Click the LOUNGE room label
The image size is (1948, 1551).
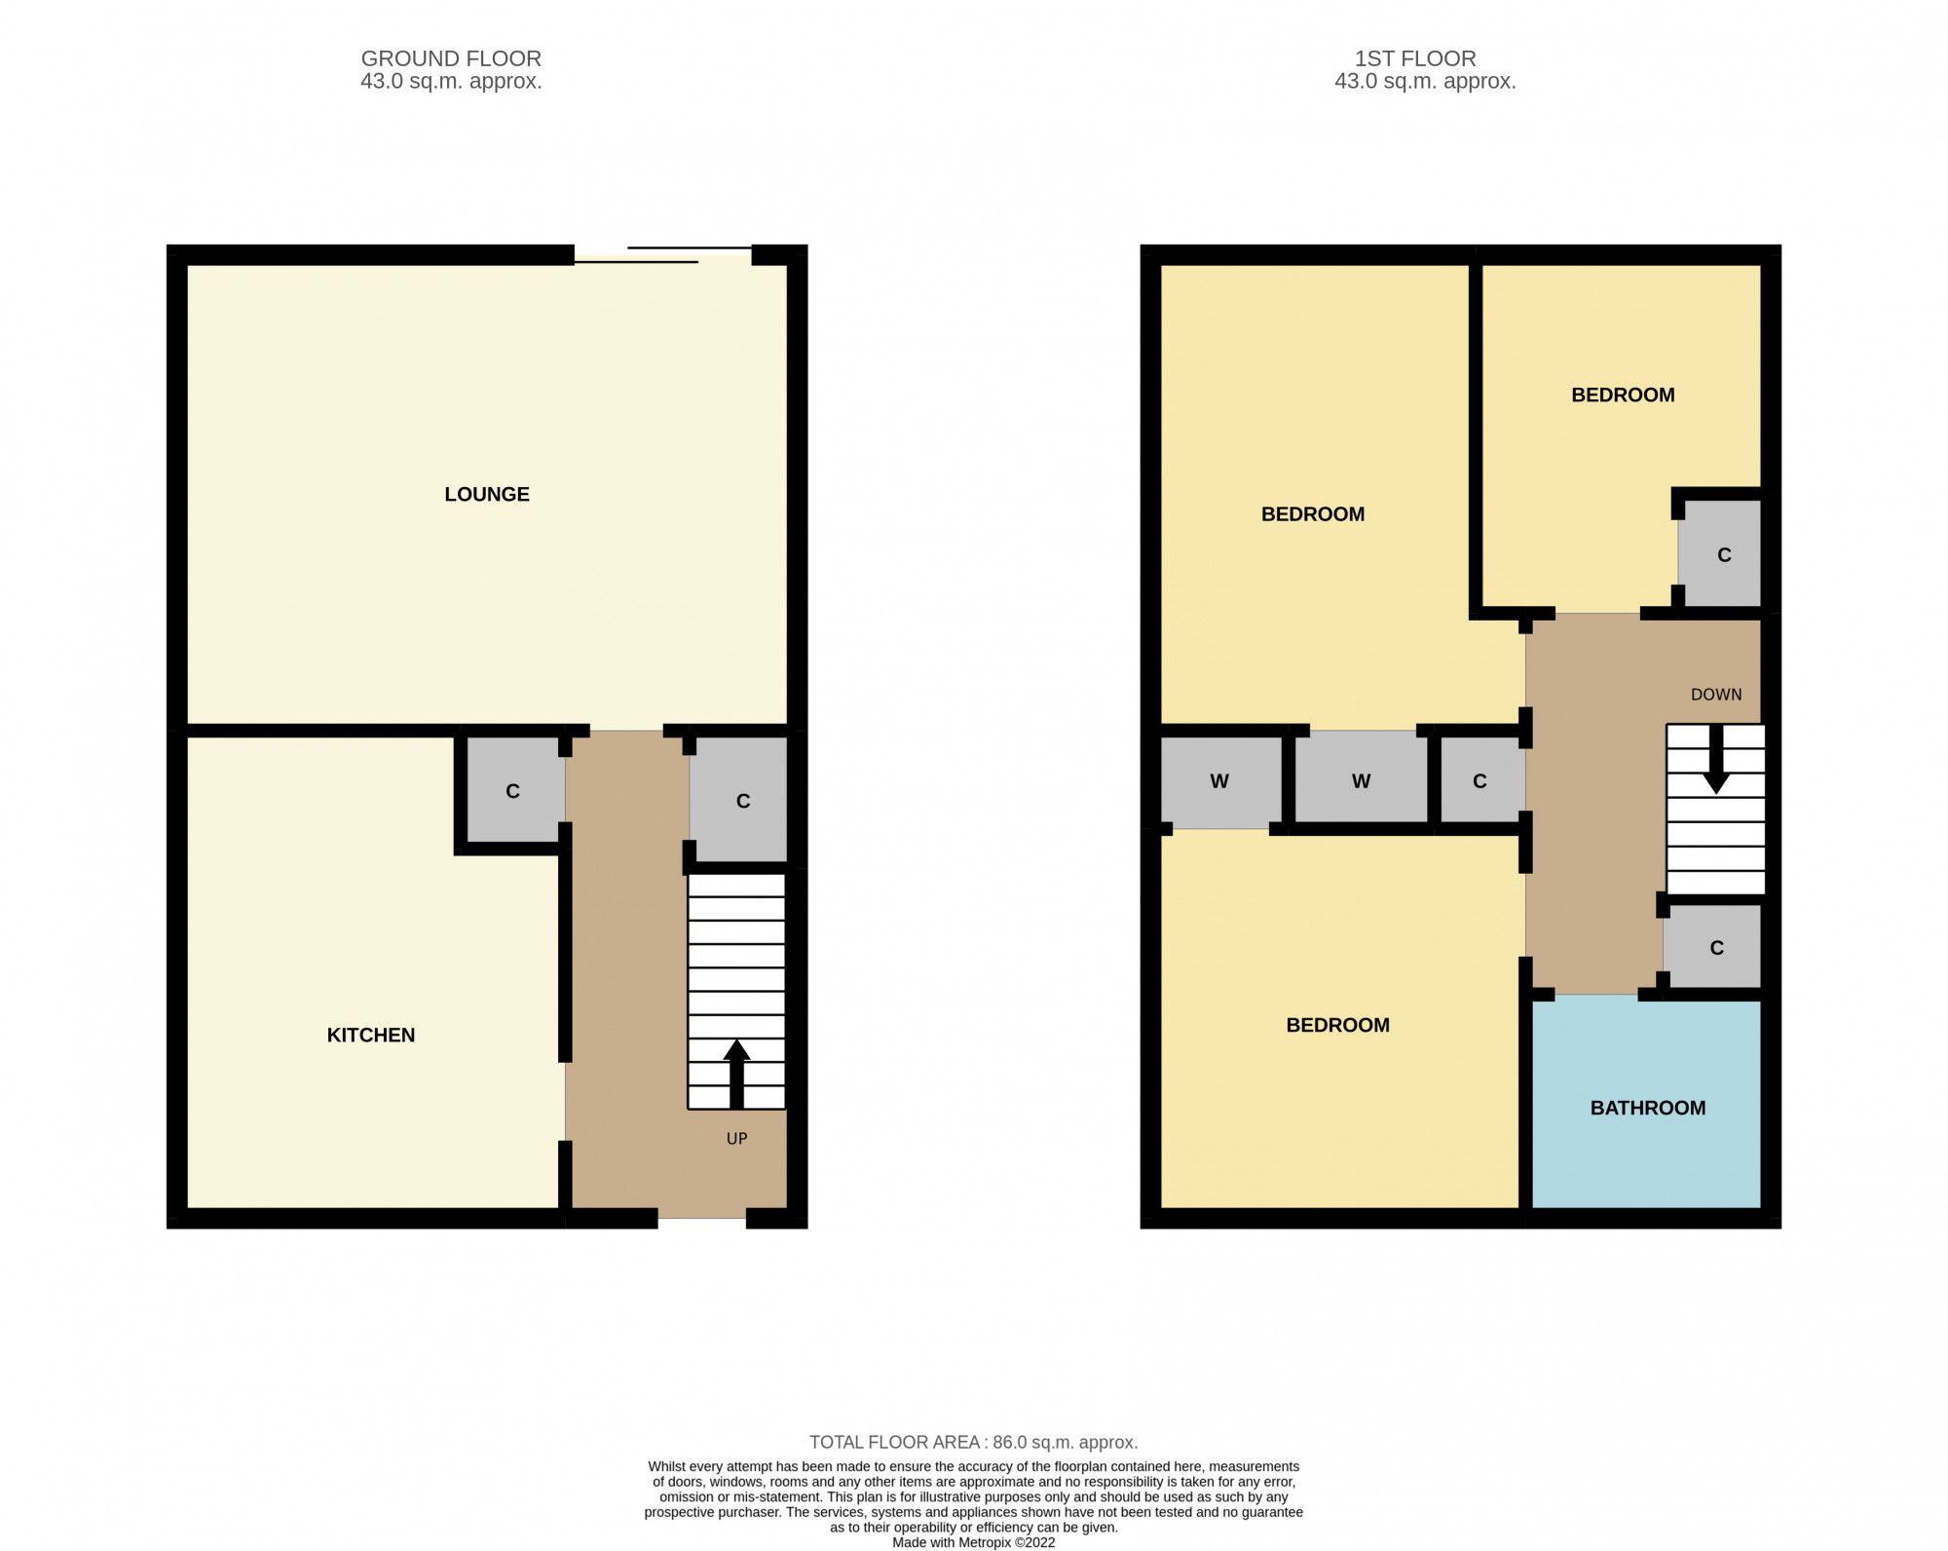pos(486,494)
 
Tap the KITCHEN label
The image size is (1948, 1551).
pos(370,1035)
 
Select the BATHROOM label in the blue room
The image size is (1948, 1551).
pos(1647,1108)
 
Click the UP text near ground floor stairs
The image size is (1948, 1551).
pos(736,1138)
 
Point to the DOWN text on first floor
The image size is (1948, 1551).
pos(1715,695)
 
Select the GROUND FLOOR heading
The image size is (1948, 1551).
pos(451,58)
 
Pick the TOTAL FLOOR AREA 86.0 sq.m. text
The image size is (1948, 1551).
pos(973,1442)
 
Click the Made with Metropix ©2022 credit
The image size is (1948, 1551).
pos(973,1542)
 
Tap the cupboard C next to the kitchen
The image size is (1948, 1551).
pos(513,791)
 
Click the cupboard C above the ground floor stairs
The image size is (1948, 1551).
pos(742,801)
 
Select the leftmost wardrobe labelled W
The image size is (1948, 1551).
pos(1218,780)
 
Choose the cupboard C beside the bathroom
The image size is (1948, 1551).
pos(1716,947)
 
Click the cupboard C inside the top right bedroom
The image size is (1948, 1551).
pos(1723,555)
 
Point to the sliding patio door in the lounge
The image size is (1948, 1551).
pos(662,255)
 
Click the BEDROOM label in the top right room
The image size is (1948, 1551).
pos(1623,395)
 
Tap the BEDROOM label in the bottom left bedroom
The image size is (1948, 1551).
pos(1337,1025)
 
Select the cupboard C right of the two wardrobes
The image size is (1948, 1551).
pos(1479,780)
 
